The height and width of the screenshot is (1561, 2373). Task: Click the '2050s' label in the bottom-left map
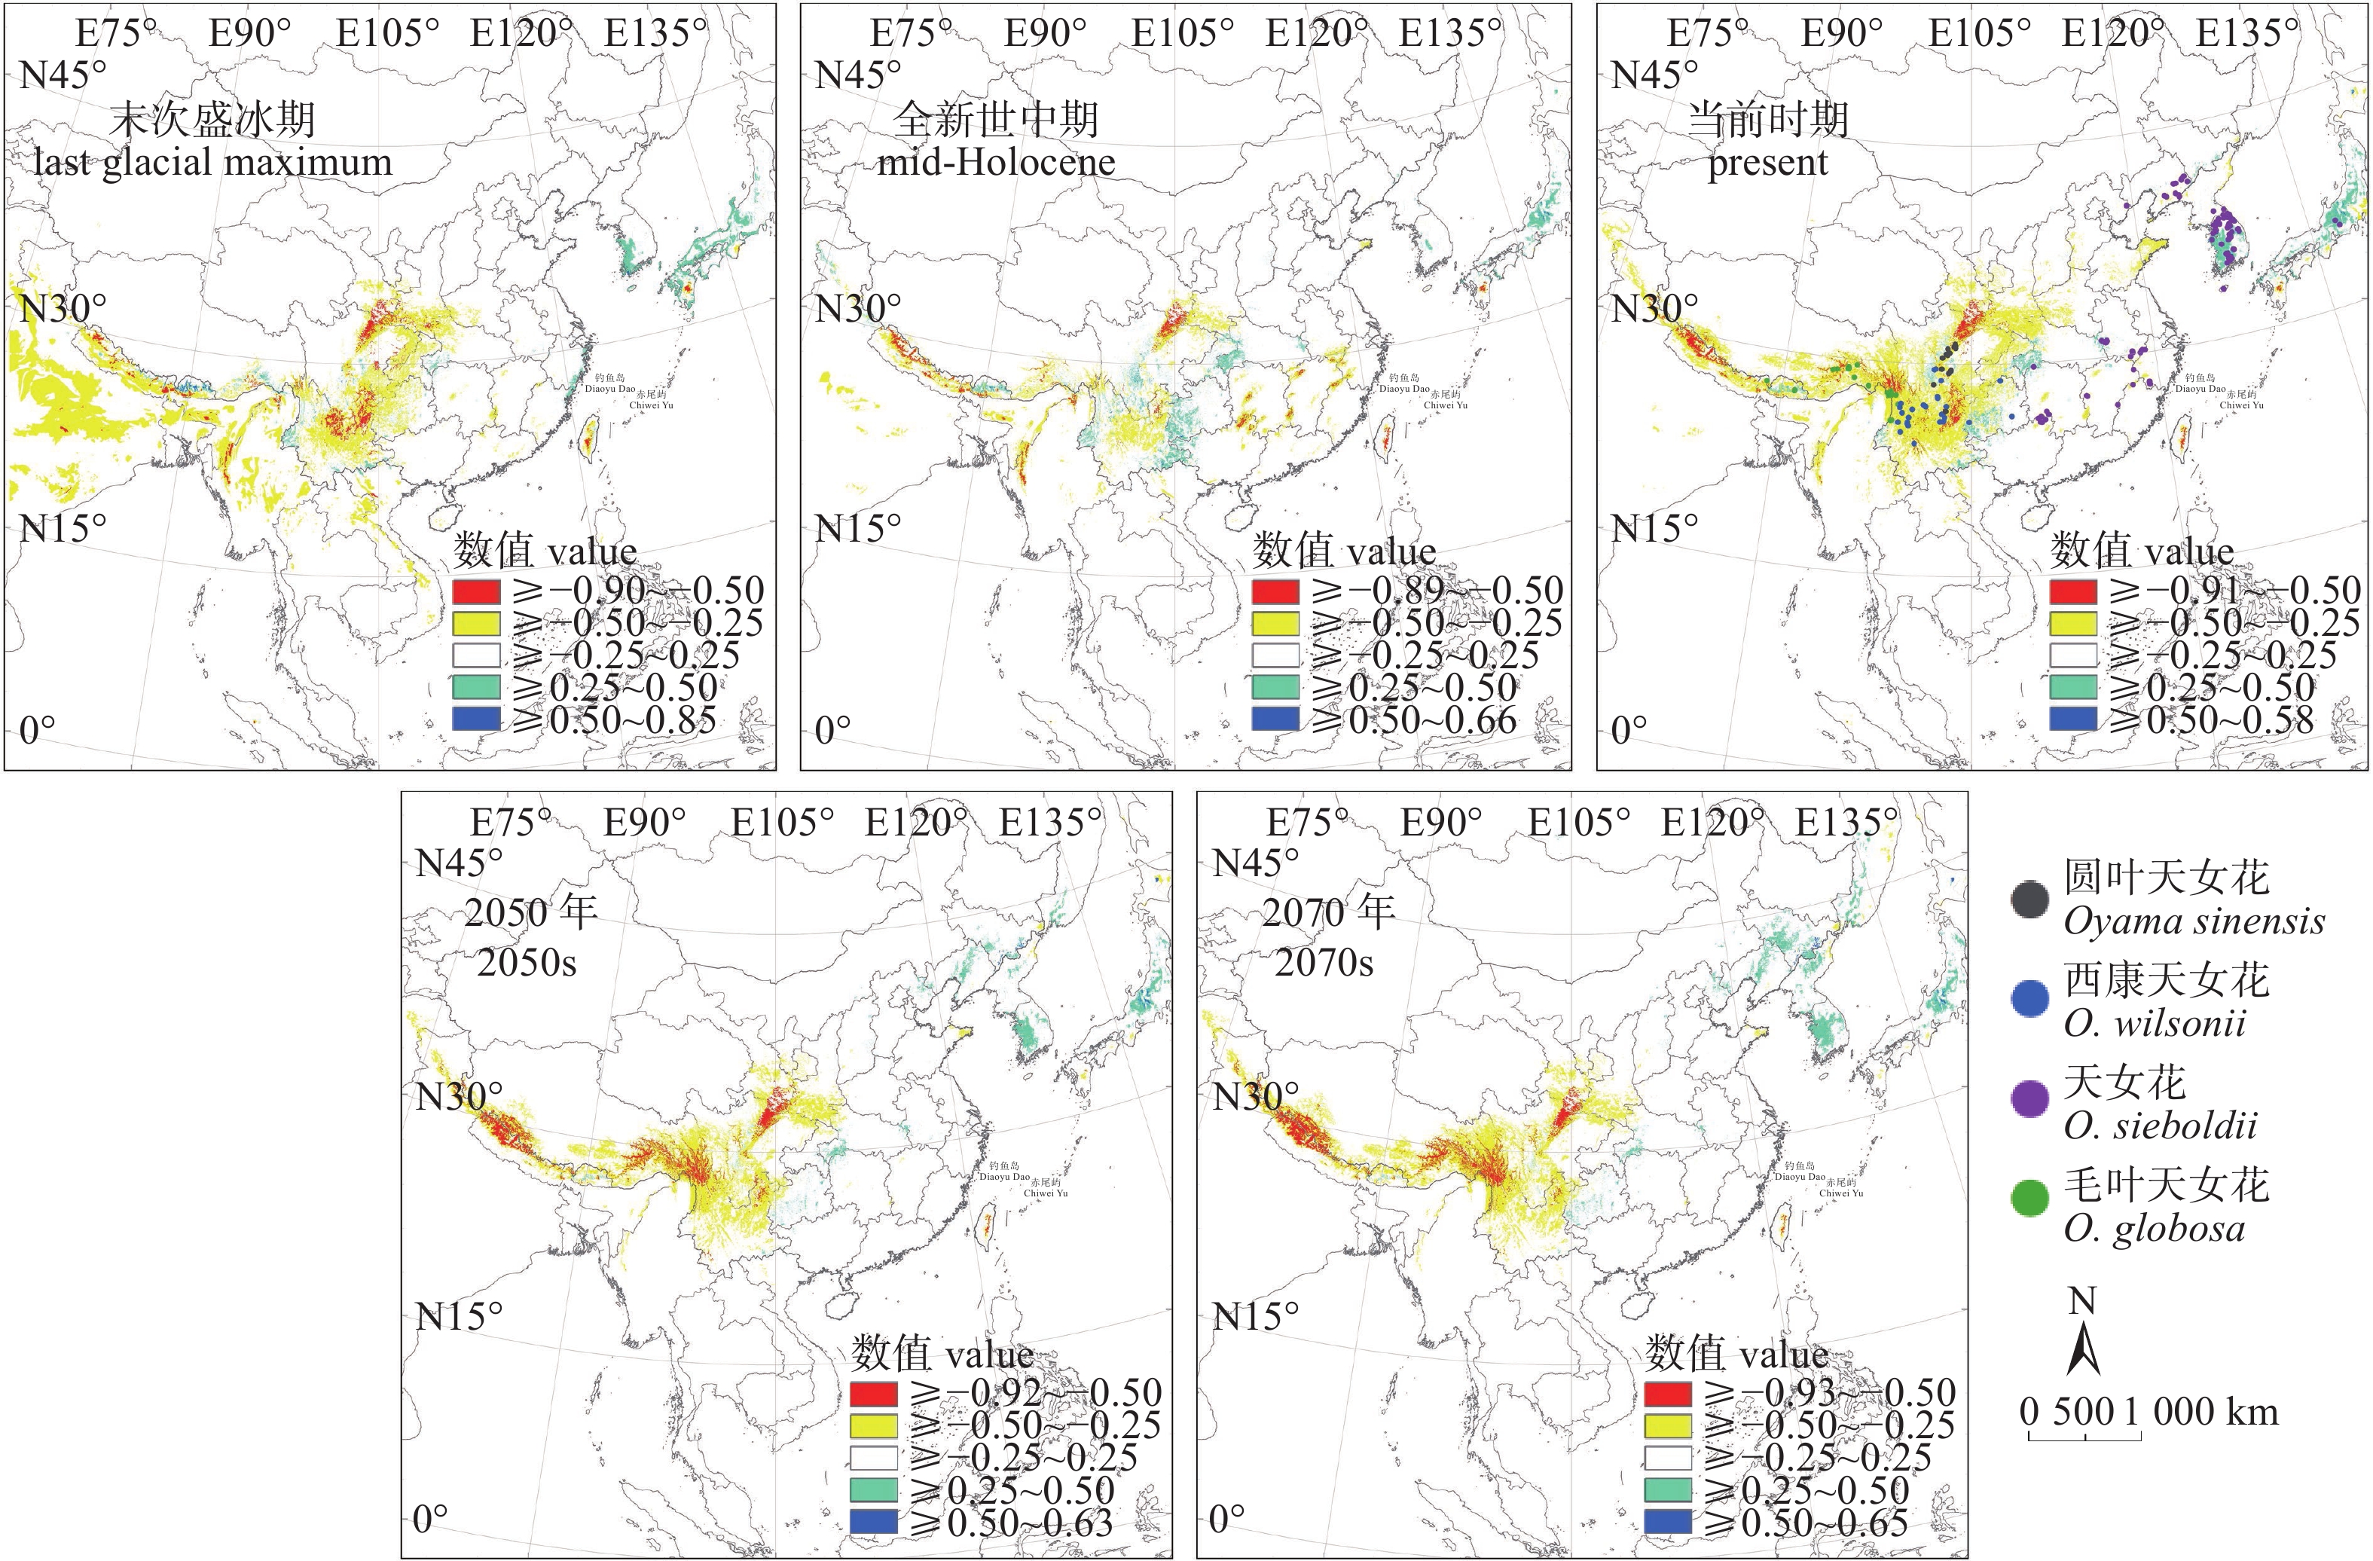527,963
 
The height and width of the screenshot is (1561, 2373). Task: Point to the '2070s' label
1324,963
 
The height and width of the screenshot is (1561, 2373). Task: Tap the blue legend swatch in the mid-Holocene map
1275,719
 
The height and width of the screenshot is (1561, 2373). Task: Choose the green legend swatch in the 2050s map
873,1490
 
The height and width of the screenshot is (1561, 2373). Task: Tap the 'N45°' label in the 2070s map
1255,862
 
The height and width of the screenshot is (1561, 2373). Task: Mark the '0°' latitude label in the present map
1629,731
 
